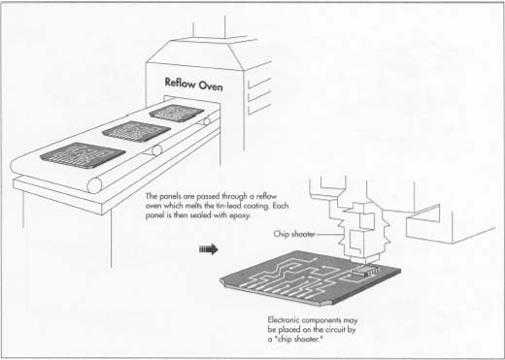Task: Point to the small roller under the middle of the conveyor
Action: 156,150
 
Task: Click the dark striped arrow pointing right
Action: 206,249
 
